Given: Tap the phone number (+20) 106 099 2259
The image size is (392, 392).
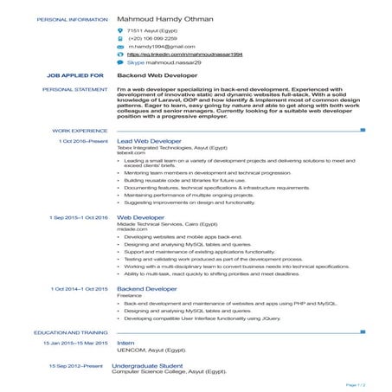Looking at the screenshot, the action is [x=152, y=39].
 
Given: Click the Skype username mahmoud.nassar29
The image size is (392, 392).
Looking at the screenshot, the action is [x=170, y=63].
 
